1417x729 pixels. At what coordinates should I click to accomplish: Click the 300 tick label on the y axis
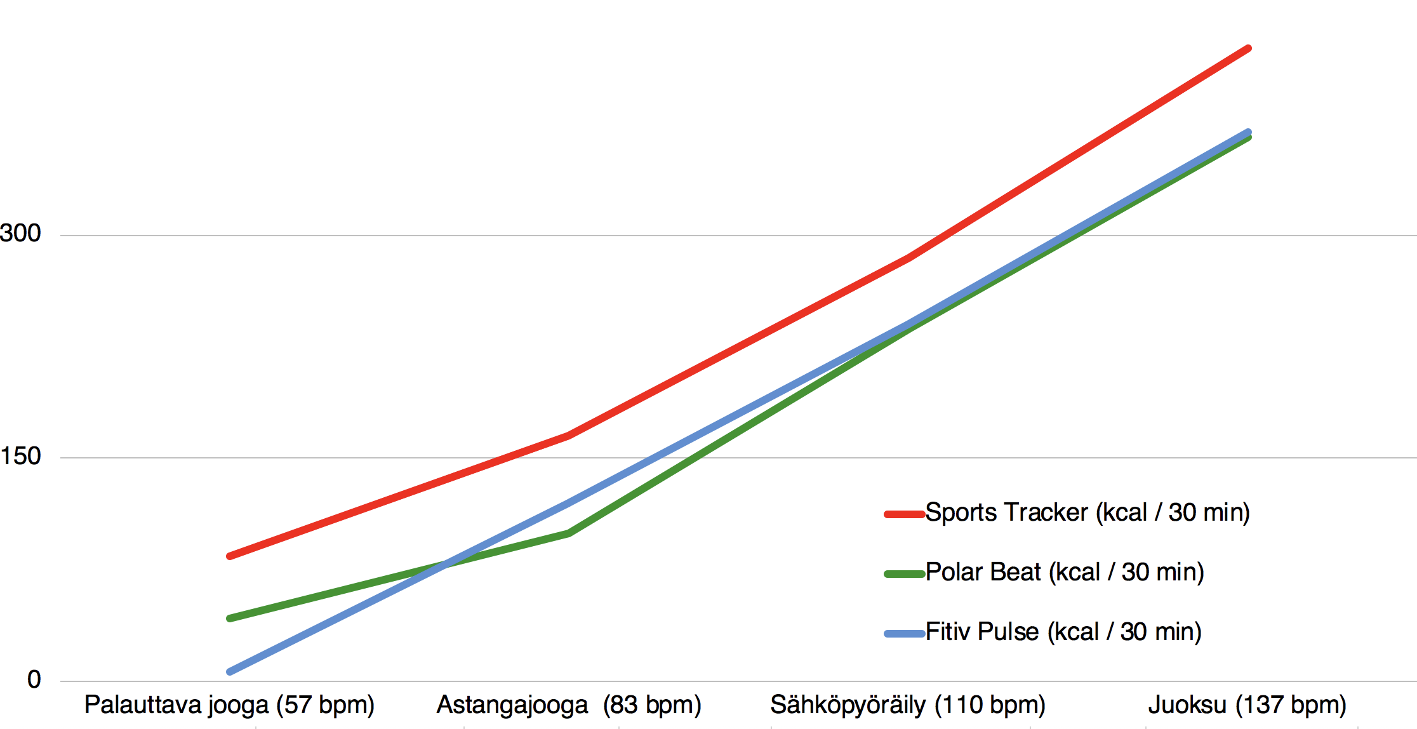[x=21, y=233]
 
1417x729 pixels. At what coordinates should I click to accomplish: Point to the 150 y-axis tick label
[x=21, y=456]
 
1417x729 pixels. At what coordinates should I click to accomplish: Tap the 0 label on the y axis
[x=34, y=679]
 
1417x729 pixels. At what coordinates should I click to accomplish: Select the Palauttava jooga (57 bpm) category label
[x=229, y=705]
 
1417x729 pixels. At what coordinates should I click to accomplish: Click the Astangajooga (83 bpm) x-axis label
[x=569, y=705]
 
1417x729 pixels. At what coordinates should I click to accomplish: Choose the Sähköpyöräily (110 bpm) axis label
[x=908, y=705]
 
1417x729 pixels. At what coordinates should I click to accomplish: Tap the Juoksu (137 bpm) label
[x=1247, y=705]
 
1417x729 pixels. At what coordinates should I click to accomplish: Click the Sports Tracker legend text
[x=1087, y=512]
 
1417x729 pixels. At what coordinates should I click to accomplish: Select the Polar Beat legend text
[x=1065, y=572]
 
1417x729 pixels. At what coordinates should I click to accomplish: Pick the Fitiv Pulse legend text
[x=1063, y=632]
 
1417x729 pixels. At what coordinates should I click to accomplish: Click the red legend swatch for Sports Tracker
[x=904, y=514]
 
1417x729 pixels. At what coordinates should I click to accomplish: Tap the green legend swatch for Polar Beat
[x=904, y=574]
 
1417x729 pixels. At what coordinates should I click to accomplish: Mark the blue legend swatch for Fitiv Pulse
[x=904, y=634]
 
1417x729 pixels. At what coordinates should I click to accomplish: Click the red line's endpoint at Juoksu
[x=1248, y=48]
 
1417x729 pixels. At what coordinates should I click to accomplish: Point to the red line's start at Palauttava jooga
[x=230, y=556]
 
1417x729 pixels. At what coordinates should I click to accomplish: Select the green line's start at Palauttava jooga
[x=230, y=618]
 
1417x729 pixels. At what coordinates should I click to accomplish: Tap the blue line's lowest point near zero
[x=230, y=671]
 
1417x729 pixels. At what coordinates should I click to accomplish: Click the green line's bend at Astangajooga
[x=569, y=533]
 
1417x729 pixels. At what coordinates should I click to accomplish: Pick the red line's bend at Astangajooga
[x=568, y=436]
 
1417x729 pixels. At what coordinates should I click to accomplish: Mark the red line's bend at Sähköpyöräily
[x=908, y=258]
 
